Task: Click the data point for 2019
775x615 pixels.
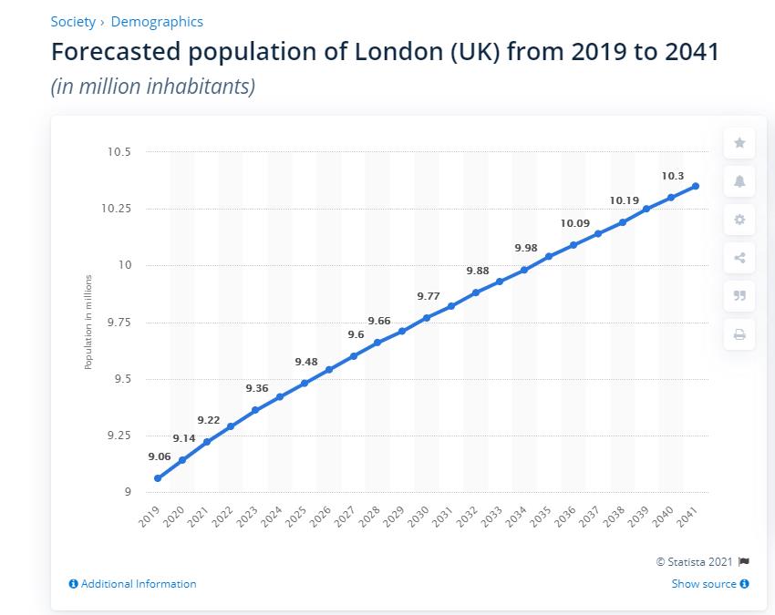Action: coord(158,478)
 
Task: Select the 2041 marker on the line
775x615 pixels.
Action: coord(696,186)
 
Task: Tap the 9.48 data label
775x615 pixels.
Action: coord(306,362)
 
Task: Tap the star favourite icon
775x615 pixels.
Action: coord(739,143)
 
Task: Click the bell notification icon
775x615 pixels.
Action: coord(739,181)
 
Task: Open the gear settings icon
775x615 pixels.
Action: coord(739,220)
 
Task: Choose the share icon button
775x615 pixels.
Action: coord(739,258)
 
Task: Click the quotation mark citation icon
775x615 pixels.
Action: coord(739,296)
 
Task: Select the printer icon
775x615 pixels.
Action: coord(739,334)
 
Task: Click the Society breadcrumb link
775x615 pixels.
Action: coord(73,22)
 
